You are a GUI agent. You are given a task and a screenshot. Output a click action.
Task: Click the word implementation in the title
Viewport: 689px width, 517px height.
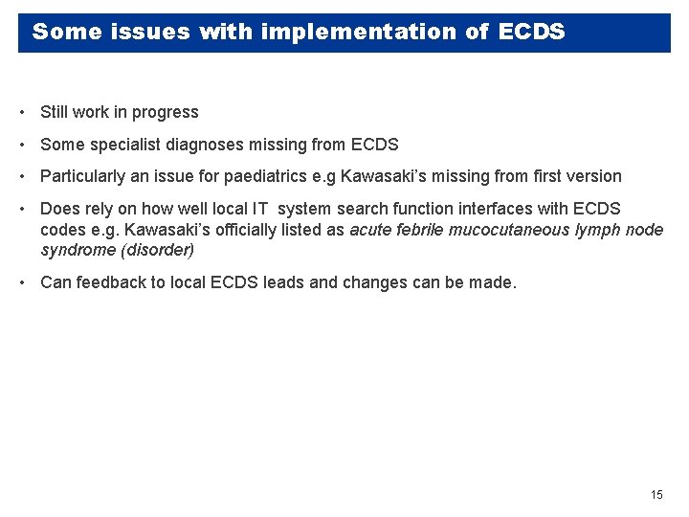(x=361, y=32)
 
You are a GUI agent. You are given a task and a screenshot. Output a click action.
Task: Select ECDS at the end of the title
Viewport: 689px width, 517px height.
(x=531, y=32)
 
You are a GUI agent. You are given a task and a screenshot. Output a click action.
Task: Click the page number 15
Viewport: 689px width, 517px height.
(x=656, y=495)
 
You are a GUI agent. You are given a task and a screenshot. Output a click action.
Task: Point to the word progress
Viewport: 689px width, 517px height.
(x=165, y=112)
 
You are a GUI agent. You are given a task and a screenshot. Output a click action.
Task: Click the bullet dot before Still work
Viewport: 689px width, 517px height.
(x=21, y=113)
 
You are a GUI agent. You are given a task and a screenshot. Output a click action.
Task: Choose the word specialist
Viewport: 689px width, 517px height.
(x=122, y=145)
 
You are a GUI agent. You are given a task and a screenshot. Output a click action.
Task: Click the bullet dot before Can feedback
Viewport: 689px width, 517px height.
(x=21, y=283)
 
